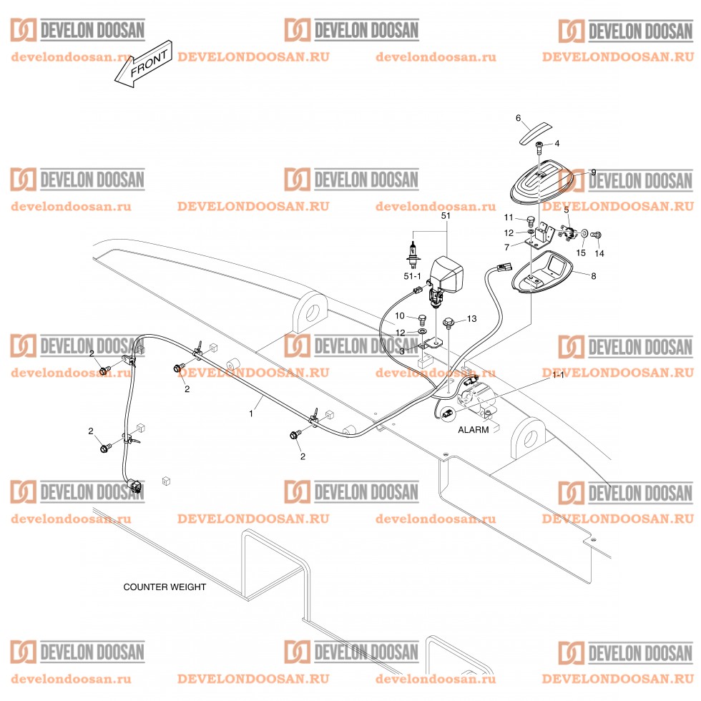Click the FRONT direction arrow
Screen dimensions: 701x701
click(x=144, y=68)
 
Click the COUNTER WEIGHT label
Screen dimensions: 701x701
click(x=165, y=587)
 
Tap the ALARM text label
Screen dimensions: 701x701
click(x=474, y=430)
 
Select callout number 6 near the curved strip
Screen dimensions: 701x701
click(x=519, y=118)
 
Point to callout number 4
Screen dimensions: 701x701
click(x=557, y=144)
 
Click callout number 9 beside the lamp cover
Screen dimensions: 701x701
click(x=593, y=172)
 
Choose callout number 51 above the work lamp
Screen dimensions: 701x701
click(x=446, y=215)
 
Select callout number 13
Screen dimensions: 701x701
click(x=471, y=318)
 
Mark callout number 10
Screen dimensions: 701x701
click(x=401, y=316)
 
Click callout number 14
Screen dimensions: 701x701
click(x=599, y=253)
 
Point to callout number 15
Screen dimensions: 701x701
click(x=582, y=253)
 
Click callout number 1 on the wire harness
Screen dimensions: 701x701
click(x=251, y=413)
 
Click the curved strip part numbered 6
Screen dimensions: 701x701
click(x=536, y=133)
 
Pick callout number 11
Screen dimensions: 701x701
click(x=509, y=217)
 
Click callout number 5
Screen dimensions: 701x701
click(x=566, y=210)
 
